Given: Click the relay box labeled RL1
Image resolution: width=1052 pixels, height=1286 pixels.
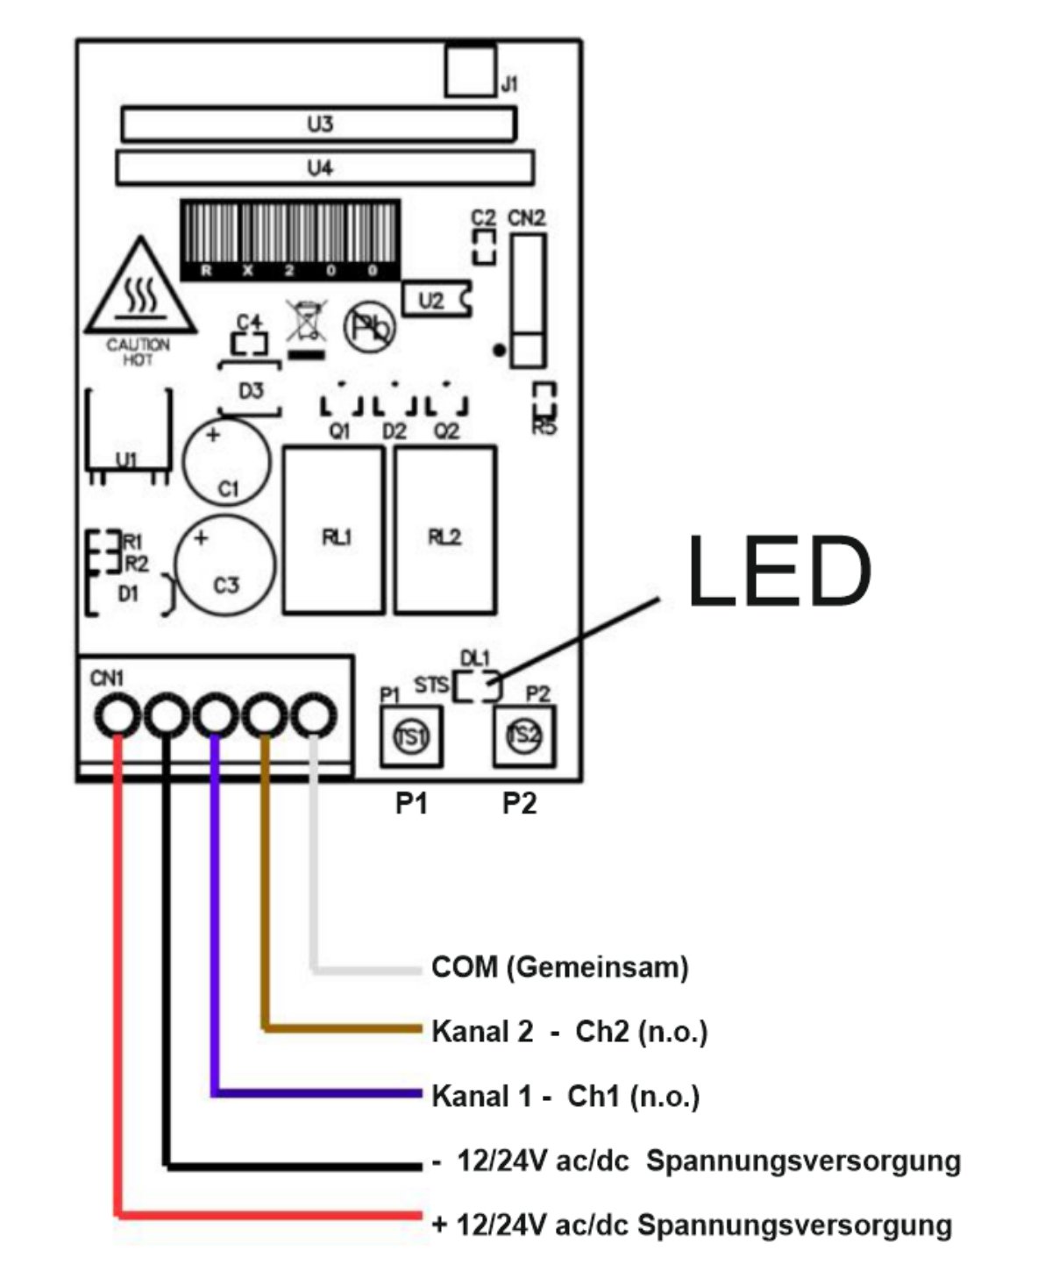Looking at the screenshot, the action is pyautogui.click(x=334, y=529).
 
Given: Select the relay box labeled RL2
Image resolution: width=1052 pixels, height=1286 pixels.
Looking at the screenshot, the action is pyautogui.click(x=445, y=529).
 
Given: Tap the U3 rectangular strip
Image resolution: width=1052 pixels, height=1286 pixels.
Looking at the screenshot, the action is pyautogui.click(x=319, y=124).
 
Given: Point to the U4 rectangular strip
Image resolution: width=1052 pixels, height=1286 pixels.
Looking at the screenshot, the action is pyautogui.click(x=325, y=168).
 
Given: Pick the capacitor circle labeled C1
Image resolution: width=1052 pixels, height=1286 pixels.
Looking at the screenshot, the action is pyautogui.click(x=226, y=462).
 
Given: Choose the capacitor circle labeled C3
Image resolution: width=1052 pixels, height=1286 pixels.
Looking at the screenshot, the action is pyautogui.click(x=225, y=565).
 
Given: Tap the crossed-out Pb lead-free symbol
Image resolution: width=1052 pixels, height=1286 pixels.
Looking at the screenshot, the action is pyautogui.click(x=369, y=328).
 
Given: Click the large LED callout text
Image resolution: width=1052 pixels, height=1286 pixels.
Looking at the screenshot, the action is pyautogui.click(x=779, y=571).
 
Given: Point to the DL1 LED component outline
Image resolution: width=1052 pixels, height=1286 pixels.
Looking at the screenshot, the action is pyautogui.click(x=478, y=686).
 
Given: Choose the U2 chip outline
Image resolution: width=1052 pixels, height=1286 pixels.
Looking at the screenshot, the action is pyautogui.click(x=437, y=299).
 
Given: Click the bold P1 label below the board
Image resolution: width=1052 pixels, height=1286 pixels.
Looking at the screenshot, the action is pyautogui.click(x=411, y=803).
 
